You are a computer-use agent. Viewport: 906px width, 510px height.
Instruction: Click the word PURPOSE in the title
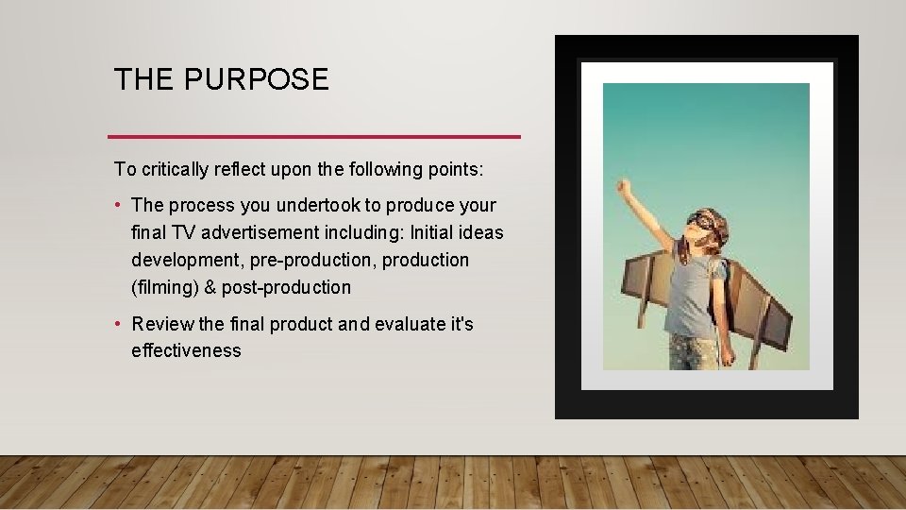tap(257, 80)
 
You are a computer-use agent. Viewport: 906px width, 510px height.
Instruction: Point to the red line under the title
tap(314, 137)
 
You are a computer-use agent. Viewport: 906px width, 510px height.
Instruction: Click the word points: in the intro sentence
tap(456, 170)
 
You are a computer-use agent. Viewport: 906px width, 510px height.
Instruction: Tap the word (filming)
tap(165, 287)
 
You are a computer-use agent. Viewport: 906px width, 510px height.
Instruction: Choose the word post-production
tap(286, 287)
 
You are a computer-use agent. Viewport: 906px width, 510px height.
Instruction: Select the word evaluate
tap(411, 324)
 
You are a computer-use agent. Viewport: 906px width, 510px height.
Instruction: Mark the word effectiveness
tap(186, 351)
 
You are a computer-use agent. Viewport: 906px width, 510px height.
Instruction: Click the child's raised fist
tap(623, 185)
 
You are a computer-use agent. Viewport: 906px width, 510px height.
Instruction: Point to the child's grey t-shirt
tap(695, 293)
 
